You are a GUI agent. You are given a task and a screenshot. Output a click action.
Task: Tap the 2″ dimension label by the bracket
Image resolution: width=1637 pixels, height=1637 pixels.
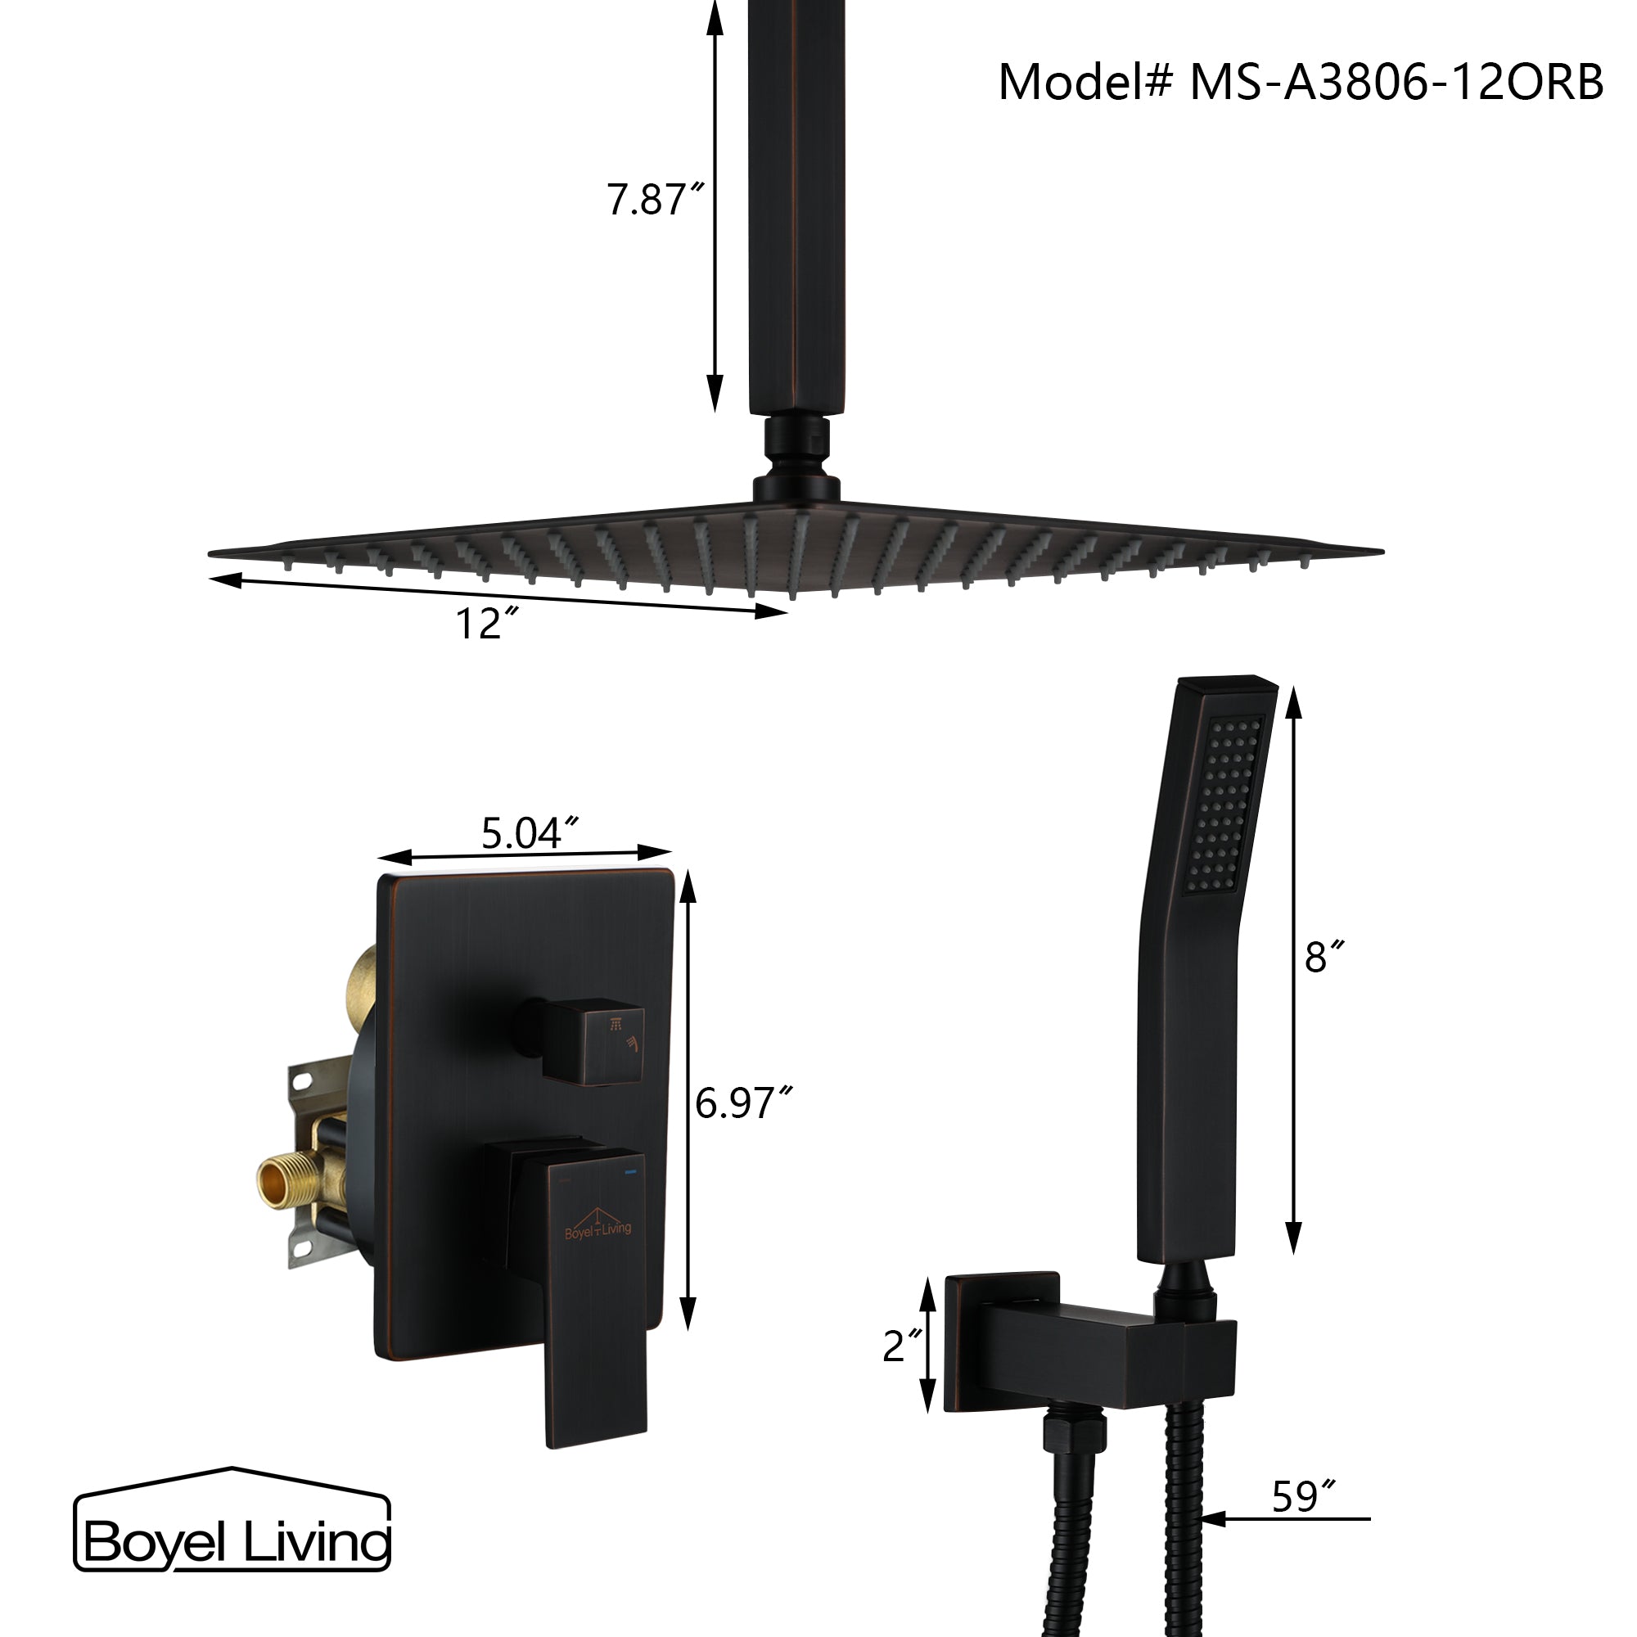click(x=900, y=1346)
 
